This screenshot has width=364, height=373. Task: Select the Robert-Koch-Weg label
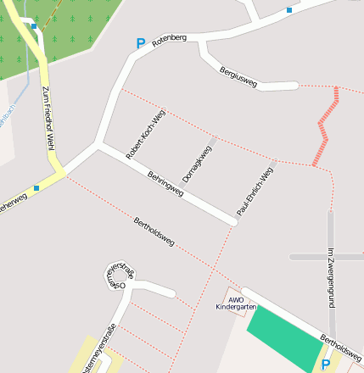[x=144, y=134]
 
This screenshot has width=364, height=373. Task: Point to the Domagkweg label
[x=196, y=153]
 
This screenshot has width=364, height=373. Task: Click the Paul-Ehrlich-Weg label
[x=255, y=191]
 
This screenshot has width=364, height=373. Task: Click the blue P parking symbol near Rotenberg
[x=140, y=43]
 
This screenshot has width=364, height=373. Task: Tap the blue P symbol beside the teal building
[x=326, y=365]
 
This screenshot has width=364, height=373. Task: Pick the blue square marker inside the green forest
[x=35, y=26]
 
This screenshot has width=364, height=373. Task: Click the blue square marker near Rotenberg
[x=289, y=10]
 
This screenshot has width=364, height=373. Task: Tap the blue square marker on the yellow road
[x=36, y=188]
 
